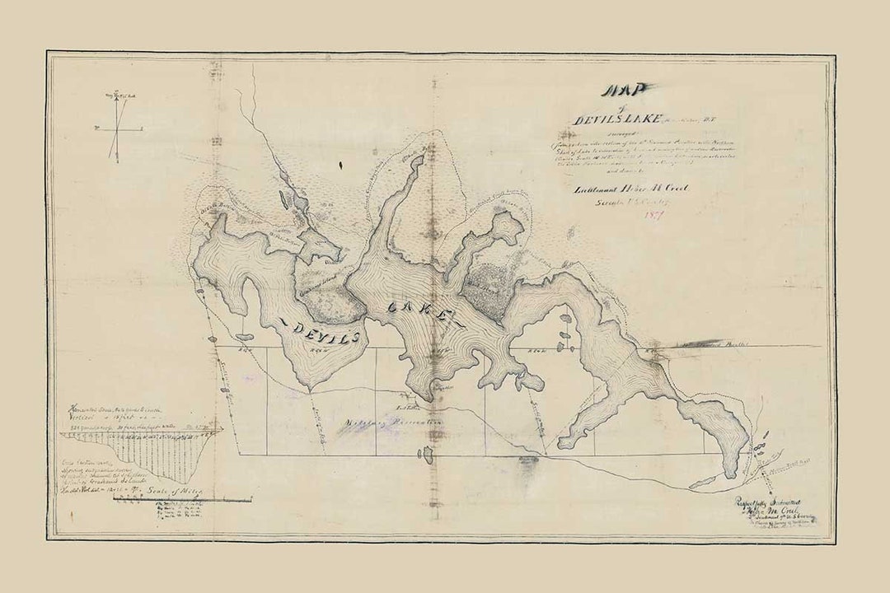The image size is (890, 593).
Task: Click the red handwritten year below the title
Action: (x=656, y=216)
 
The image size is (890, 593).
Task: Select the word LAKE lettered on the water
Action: (x=418, y=311)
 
